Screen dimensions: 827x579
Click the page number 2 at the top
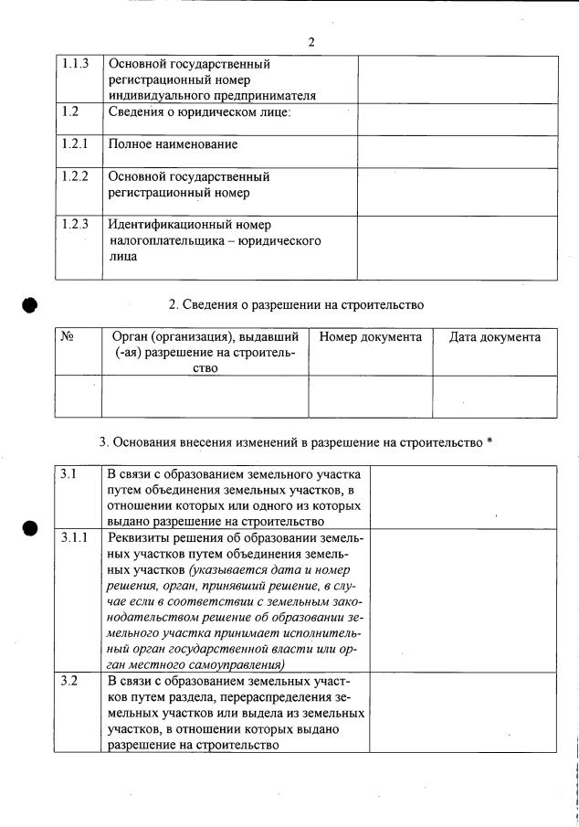tap(311, 42)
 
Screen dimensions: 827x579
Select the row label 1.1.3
tap(75, 65)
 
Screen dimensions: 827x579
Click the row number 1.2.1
tap(75, 144)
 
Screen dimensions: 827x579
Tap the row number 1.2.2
tap(75, 176)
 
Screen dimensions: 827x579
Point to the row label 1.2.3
tap(75, 224)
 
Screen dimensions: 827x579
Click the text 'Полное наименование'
tap(173, 144)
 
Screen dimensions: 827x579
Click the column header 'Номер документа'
tap(370, 337)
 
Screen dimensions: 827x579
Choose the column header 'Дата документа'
tap(495, 337)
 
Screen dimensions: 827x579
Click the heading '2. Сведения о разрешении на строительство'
tap(296, 303)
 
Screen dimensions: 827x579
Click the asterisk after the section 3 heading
tap(490, 442)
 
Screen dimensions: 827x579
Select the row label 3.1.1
tap(75, 536)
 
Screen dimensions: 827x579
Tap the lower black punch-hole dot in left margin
tap(30, 529)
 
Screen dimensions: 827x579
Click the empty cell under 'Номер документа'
tap(370, 396)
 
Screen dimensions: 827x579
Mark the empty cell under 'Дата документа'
tap(495, 396)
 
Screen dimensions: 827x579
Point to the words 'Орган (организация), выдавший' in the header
tap(204, 337)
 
